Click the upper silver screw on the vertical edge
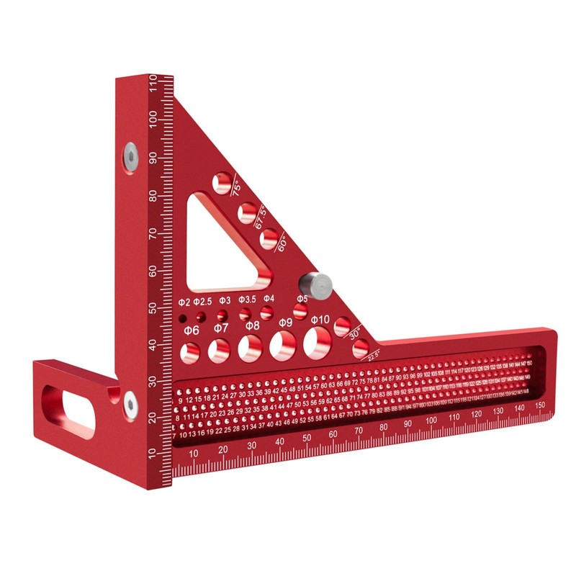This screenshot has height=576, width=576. [130, 153]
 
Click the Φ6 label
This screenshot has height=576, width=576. [192, 330]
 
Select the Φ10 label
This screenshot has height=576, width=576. [320, 319]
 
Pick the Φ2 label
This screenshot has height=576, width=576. [183, 301]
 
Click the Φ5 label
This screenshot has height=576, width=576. [302, 297]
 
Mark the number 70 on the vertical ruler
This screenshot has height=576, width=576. [153, 233]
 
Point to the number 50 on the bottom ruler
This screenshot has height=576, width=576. [307, 438]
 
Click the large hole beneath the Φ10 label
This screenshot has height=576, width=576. [315, 342]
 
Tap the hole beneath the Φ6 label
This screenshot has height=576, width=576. [191, 352]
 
